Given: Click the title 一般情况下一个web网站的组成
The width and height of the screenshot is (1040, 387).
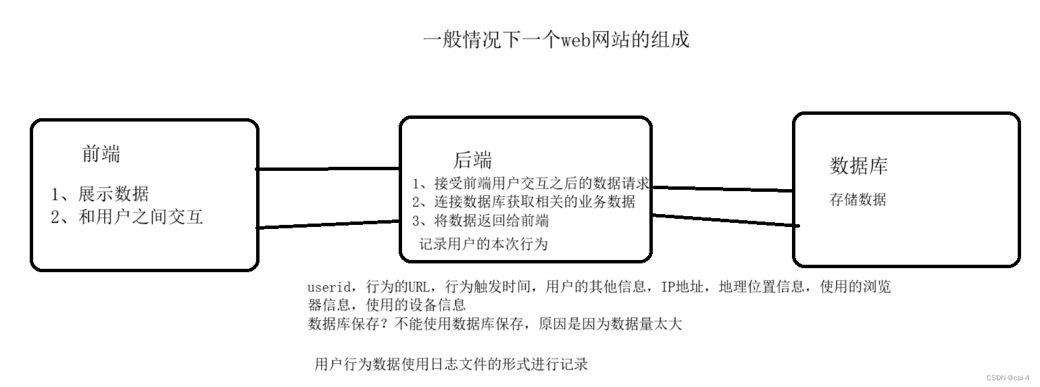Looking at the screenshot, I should click(x=555, y=40).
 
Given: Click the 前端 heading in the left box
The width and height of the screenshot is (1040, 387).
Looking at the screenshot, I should click(x=101, y=155).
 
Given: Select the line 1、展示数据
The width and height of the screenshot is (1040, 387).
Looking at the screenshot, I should click(x=100, y=195).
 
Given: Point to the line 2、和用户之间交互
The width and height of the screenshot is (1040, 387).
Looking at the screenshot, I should click(x=127, y=217).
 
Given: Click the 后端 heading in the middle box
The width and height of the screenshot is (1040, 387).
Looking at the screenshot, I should click(x=472, y=160).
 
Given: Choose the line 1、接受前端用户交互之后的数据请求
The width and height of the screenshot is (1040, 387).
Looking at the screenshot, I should click(x=530, y=183).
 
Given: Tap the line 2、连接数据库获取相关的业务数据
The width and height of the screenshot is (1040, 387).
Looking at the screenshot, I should click(x=524, y=201).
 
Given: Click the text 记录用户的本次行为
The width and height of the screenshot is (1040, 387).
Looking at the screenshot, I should click(x=483, y=244).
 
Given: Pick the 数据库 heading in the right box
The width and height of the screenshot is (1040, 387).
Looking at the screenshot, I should click(x=858, y=165).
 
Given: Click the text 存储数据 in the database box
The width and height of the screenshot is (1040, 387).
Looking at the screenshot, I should click(x=858, y=200).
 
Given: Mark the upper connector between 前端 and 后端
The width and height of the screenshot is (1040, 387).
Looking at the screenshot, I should click(x=328, y=168).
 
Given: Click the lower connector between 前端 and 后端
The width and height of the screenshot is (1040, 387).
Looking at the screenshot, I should click(x=328, y=224).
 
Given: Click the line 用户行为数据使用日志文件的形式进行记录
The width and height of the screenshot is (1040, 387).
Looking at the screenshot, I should click(x=451, y=365).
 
